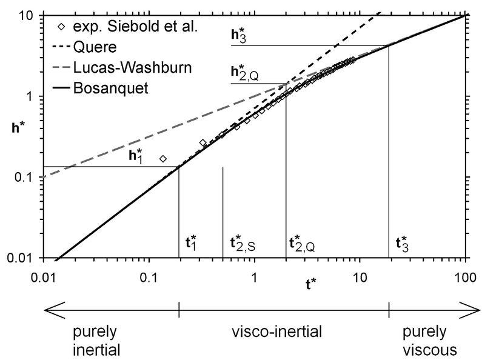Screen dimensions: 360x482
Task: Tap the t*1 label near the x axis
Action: point(190,244)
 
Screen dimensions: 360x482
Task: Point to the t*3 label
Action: point(401,244)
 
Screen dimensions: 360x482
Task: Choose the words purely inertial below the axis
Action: point(96,342)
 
